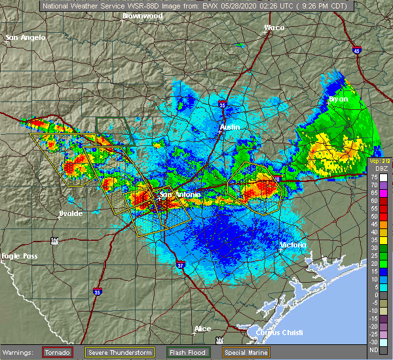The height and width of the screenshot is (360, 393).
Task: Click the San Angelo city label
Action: point(26,37)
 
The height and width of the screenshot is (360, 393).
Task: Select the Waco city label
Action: point(274,27)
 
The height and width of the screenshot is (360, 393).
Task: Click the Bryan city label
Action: point(339,99)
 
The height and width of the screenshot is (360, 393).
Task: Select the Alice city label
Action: point(202,328)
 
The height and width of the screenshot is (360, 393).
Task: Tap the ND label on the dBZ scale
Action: point(372,350)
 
